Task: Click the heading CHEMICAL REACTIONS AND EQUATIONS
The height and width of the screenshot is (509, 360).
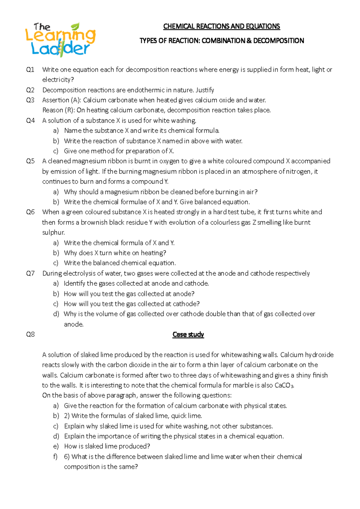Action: pos(221,26)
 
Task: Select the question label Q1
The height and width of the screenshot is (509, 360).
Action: pos(30,70)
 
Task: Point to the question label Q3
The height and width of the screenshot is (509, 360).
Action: pos(30,100)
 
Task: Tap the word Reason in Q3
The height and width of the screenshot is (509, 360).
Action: pos(52,110)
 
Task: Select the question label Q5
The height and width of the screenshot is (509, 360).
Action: pos(30,161)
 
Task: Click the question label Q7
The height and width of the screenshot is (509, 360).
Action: pos(30,273)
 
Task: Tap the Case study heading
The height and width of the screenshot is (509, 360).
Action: pos(188,335)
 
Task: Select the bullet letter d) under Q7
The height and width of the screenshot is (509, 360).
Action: pos(56,314)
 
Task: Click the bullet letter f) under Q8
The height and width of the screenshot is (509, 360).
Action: pos(55,457)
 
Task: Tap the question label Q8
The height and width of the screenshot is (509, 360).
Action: pos(30,335)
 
